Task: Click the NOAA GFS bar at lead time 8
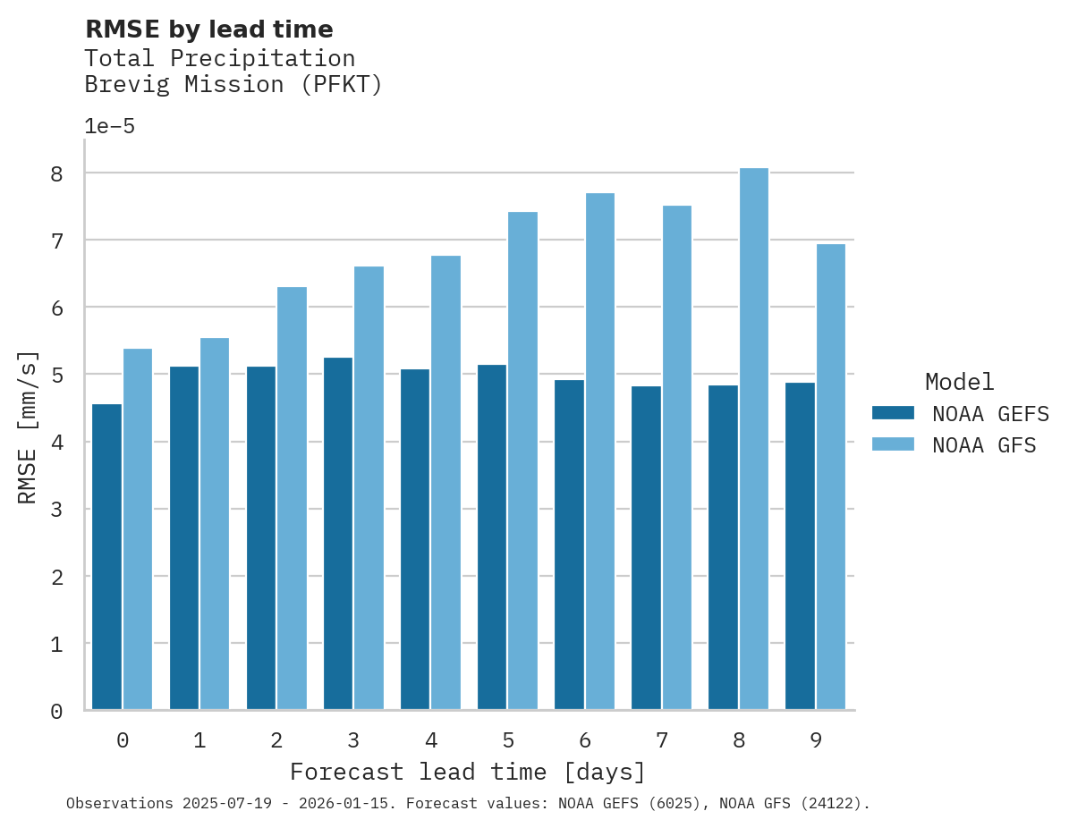[753, 439]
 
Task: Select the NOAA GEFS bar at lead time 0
[106, 557]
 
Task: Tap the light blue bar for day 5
[522, 460]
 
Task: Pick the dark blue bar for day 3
[338, 534]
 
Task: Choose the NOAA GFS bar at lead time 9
[830, 477]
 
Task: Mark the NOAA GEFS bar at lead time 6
[569, 545]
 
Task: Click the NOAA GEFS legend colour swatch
[893, 413]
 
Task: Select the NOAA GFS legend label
[984, 444]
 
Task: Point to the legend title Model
[959, 382]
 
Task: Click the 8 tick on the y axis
[56, 173]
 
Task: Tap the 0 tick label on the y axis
[56, 712]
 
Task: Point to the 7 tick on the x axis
[662, 740]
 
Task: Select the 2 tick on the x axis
[276, 740]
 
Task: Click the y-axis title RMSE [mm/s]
[29, 427]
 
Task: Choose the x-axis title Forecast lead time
[467, 772]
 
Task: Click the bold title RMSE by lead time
[208, 30]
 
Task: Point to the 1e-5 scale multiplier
[109, 126]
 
